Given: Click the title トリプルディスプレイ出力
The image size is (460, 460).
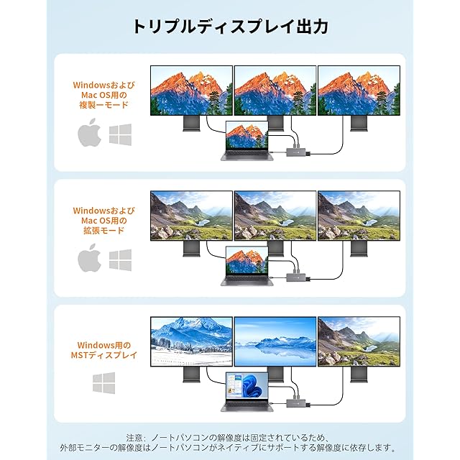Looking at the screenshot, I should pyautogui.click(x=230, y=27).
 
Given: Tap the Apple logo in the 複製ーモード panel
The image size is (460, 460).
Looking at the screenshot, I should pyautogui.click(x=90, y=134).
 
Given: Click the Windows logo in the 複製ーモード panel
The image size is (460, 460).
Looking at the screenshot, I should pyautogui.click(x=120, y=134).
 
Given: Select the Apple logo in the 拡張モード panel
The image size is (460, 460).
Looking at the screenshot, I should pyautogui.click(x=90, y=258).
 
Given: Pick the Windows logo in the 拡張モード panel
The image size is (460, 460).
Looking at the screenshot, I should pyautogui.click(x=120, y=259).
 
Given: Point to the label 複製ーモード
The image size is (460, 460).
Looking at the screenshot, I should pyautogui.click(x=104, y=105).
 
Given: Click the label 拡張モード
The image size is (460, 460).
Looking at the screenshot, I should pyautogui.click(x=104, y=230).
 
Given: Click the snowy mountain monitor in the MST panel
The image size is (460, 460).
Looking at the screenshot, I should pyautogui.click(x=191, y=342).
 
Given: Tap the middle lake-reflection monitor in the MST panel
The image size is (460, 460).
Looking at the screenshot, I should pyautogui.click(x=275, y=342).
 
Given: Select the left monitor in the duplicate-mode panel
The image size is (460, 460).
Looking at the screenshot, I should pyautogui.click(x=191, y=91).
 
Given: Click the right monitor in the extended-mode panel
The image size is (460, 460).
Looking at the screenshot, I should pyautogui.click(x=359, y=216).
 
